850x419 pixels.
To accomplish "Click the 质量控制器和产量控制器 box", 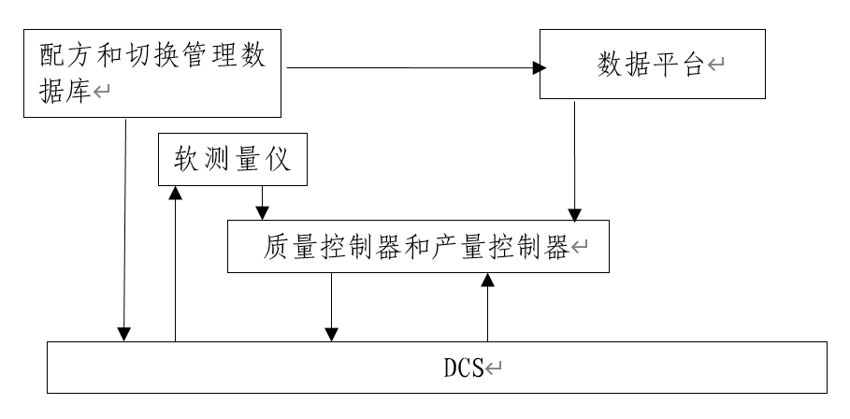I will tap(419, 247).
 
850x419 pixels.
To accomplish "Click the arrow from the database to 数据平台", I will tap(411, 67).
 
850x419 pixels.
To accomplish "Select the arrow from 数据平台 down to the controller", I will tap(576, 159).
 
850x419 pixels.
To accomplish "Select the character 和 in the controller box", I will tap(418, 247).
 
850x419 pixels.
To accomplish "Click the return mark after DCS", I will tap(497, 368).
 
